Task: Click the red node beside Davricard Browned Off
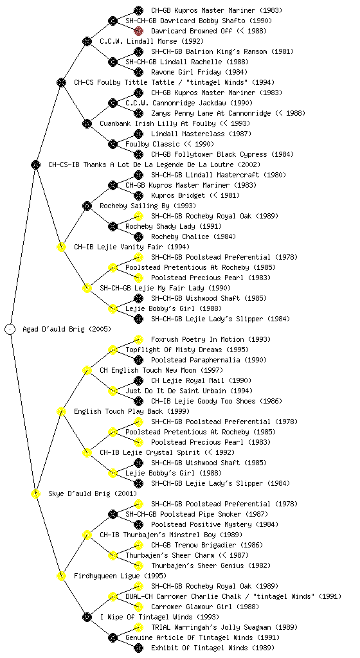pos(138,31)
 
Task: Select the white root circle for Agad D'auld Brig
pos(10,330)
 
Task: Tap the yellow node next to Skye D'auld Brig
pos(35,494)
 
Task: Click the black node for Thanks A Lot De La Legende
pos(35,165)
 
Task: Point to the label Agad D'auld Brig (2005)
pos(67,330)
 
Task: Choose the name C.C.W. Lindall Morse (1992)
pos(152,42)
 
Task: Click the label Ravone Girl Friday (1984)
pos(199,72)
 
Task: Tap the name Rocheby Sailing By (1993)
pos(148,206)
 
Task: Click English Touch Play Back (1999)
pos(132,412)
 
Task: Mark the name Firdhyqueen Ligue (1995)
pos(120,576)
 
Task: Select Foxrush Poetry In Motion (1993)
pos(211,339)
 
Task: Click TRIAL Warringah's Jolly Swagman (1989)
pos(224,627)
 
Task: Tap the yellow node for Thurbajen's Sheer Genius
pos(138,565)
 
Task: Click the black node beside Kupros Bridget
pos(138,195)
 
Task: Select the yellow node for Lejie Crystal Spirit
pos(87,453)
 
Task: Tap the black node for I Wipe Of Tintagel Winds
pos(87,618)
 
